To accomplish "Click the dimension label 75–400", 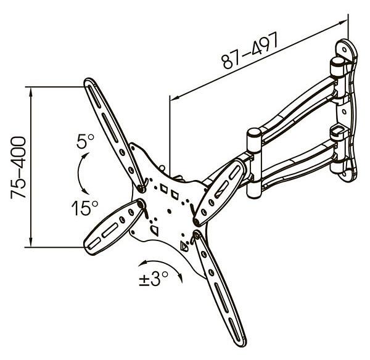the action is [x=18, y=168].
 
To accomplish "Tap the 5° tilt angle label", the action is [x=85, y=141].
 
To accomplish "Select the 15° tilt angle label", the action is [x=85, y=208].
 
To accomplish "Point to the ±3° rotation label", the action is [x=154, y=279].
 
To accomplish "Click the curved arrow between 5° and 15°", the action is [x=81, y=173].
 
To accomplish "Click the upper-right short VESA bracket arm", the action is [x=220, y=192].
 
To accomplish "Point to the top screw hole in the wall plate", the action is [x=345, y=50].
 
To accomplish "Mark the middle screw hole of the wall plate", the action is [x=344, y=112].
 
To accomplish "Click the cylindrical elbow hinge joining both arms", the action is [x=254, y=163].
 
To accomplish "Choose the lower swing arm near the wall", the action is [x=298, y=166].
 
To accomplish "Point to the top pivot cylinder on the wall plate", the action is [x=337, y=67].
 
